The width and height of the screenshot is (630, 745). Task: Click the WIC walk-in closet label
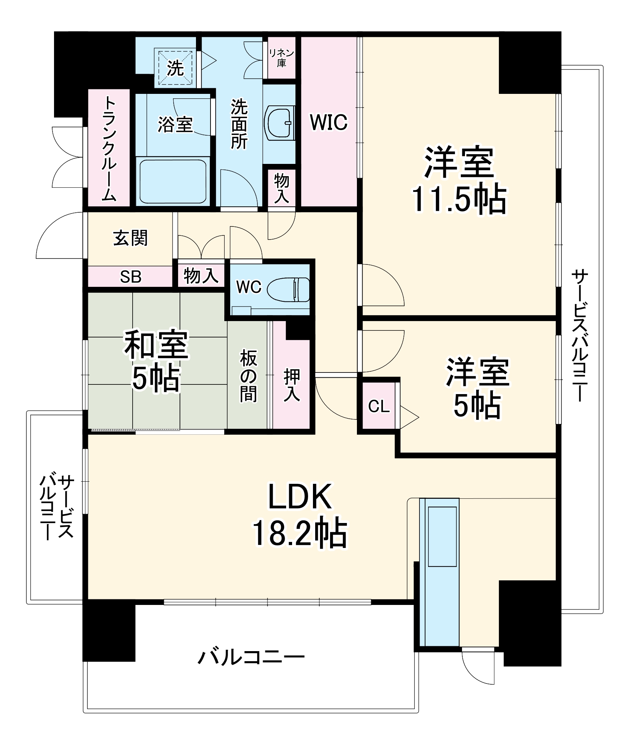(329, 122)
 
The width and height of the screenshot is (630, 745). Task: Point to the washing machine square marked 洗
(175, 68)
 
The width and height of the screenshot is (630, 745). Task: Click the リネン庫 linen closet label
(282, 58)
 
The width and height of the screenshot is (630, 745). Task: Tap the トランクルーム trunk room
(109, 149)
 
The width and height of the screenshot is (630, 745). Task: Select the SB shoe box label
(130, 277)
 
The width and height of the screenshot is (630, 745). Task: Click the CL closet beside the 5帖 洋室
(379, 406)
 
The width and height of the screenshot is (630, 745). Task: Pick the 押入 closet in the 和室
(291, 386)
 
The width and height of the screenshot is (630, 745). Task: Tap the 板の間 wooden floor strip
(248, 376)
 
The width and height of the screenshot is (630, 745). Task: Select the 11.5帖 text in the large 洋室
(459, 199)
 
